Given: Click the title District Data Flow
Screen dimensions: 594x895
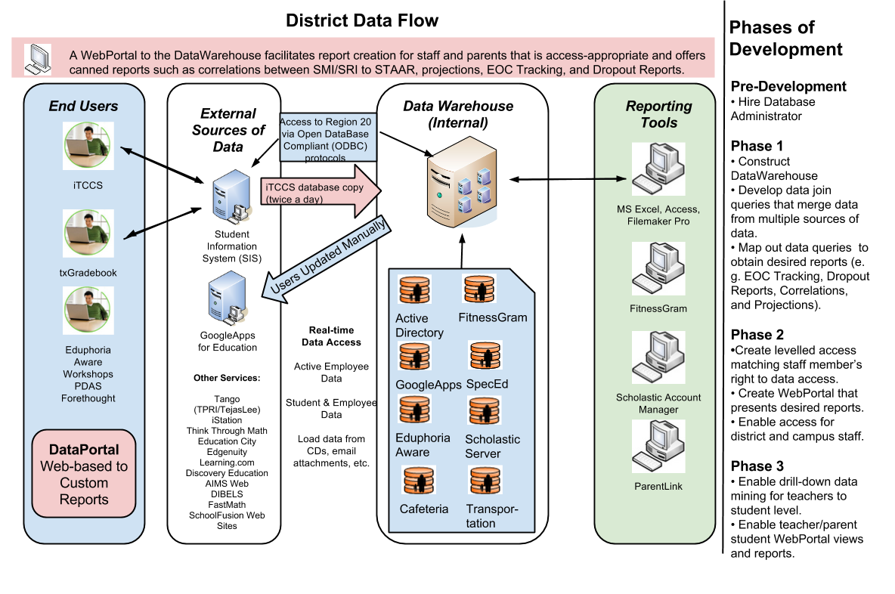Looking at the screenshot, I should tap(361, 20).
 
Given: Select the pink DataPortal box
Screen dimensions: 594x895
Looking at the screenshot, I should tap(84, 474).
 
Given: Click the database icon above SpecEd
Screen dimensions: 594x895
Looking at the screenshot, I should tap(485, 356).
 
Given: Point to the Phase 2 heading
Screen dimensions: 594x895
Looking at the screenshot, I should tap(757, 335).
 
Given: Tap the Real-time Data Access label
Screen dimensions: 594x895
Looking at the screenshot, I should tap(331, 336).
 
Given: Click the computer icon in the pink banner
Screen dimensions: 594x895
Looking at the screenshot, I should tap(37, 58).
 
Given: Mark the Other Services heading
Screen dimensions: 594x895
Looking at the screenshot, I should tap(226, 378).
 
